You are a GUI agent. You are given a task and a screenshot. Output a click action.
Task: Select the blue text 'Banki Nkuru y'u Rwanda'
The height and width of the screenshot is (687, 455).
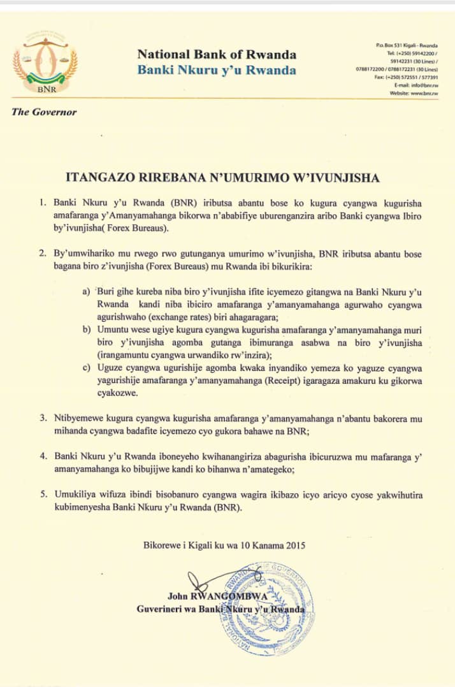216,69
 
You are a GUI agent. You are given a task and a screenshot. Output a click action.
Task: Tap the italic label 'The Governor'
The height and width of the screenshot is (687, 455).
44,112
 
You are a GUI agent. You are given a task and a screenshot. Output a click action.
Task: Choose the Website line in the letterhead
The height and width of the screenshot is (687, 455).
414,93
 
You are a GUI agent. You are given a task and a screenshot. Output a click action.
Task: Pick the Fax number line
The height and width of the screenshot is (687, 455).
406,77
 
